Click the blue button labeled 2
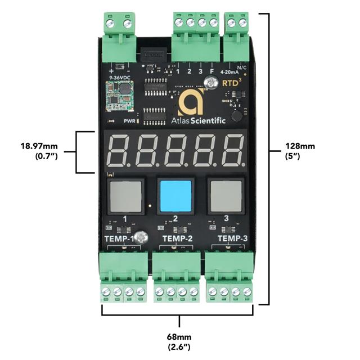click(175, 195)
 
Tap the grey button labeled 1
click(125, 195)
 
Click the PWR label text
click(129, 121)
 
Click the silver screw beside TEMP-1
click(142, 238)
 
